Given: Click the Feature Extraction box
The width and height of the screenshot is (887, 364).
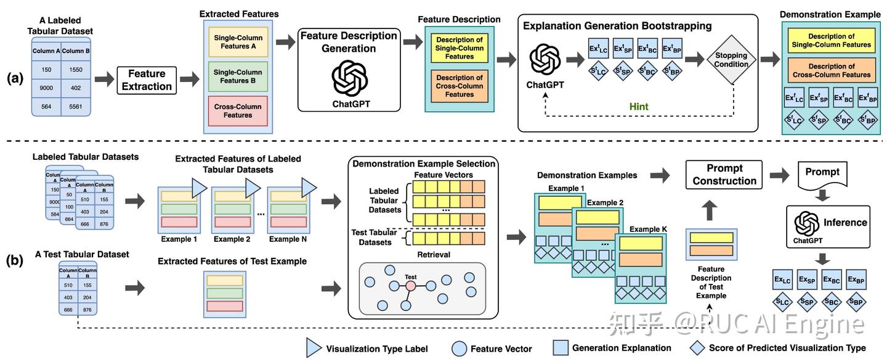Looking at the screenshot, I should (x=147, y=80).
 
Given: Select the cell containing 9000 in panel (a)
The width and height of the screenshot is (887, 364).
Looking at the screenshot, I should (x=46, y=88).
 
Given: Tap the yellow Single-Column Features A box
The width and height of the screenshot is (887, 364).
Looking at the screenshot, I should (x=238, y=42).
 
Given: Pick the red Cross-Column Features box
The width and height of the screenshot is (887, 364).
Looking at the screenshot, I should (x=238, y=110).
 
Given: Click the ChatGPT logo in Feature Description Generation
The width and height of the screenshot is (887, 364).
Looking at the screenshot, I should (x=349, y=78).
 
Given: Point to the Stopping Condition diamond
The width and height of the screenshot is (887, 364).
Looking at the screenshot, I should (x=731, y=60).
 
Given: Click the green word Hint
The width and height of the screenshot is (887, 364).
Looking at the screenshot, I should (x=639, y=106).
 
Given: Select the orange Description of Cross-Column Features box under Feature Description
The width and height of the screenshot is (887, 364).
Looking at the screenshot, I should (x=460, y=86).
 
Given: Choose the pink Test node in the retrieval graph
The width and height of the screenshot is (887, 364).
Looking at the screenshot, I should (x=410, y=286).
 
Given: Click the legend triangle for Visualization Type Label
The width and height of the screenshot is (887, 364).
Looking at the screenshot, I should (x=314, y=348).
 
